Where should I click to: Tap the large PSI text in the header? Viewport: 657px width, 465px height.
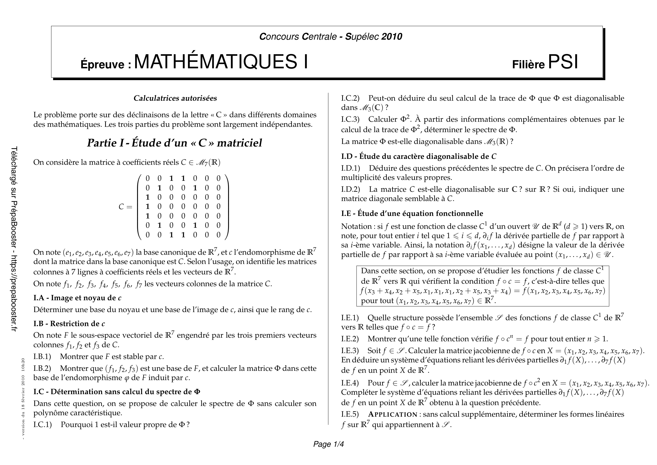click(563, 62)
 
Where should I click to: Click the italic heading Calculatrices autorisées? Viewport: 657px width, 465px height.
click(175, 98)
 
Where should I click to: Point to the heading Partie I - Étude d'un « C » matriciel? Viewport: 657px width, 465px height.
click(174, 143)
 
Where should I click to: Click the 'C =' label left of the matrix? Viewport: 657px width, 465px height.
click(125, 207)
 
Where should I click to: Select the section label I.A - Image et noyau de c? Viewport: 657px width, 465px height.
click(77, 298)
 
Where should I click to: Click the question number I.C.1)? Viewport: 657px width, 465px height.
click(43, 424)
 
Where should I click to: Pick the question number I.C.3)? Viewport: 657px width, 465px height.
click(350, 119)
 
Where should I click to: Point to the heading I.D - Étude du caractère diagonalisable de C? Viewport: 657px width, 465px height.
click(419, 156)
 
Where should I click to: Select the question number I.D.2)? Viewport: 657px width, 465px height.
click(351, 189)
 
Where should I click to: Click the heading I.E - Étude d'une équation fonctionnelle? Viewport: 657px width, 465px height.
click(412, 213)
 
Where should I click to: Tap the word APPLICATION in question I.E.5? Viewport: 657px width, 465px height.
click(393, 414)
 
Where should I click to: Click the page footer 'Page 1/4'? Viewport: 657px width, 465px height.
click(329, 444)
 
